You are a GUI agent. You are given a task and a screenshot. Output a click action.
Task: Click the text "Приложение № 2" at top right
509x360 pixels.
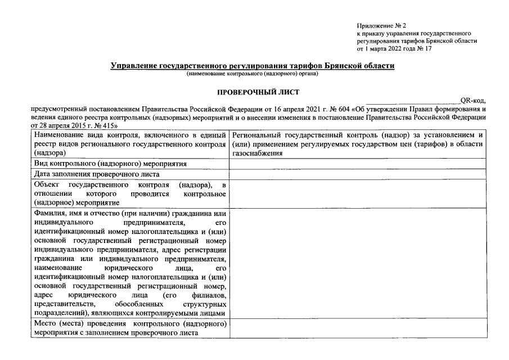[381, 26]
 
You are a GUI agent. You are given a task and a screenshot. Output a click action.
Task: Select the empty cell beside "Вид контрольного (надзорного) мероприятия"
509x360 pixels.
[357, 164]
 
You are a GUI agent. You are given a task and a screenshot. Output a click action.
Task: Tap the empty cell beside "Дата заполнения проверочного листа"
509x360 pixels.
[357, 174]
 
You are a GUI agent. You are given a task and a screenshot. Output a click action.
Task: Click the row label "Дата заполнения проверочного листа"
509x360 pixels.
[89, 174]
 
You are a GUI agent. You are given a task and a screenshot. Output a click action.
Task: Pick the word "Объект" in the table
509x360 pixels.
[46, 185]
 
